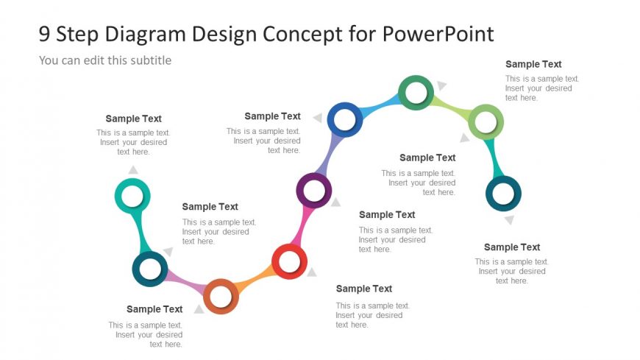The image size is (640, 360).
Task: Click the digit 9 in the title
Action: pos(44,34)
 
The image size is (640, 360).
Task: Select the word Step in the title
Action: pos(77,35)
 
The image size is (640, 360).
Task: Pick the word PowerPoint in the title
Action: pos(438,34)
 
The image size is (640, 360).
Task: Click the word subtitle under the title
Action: pos(151,60)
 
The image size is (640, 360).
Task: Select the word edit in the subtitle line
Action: pos(94,60)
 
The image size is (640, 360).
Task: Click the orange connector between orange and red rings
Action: pos(255,280)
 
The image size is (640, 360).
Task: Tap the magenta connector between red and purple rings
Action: pos(302,226)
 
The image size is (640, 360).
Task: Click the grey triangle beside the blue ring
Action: pos(318,118)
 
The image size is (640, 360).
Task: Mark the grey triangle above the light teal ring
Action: pos(133,169)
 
